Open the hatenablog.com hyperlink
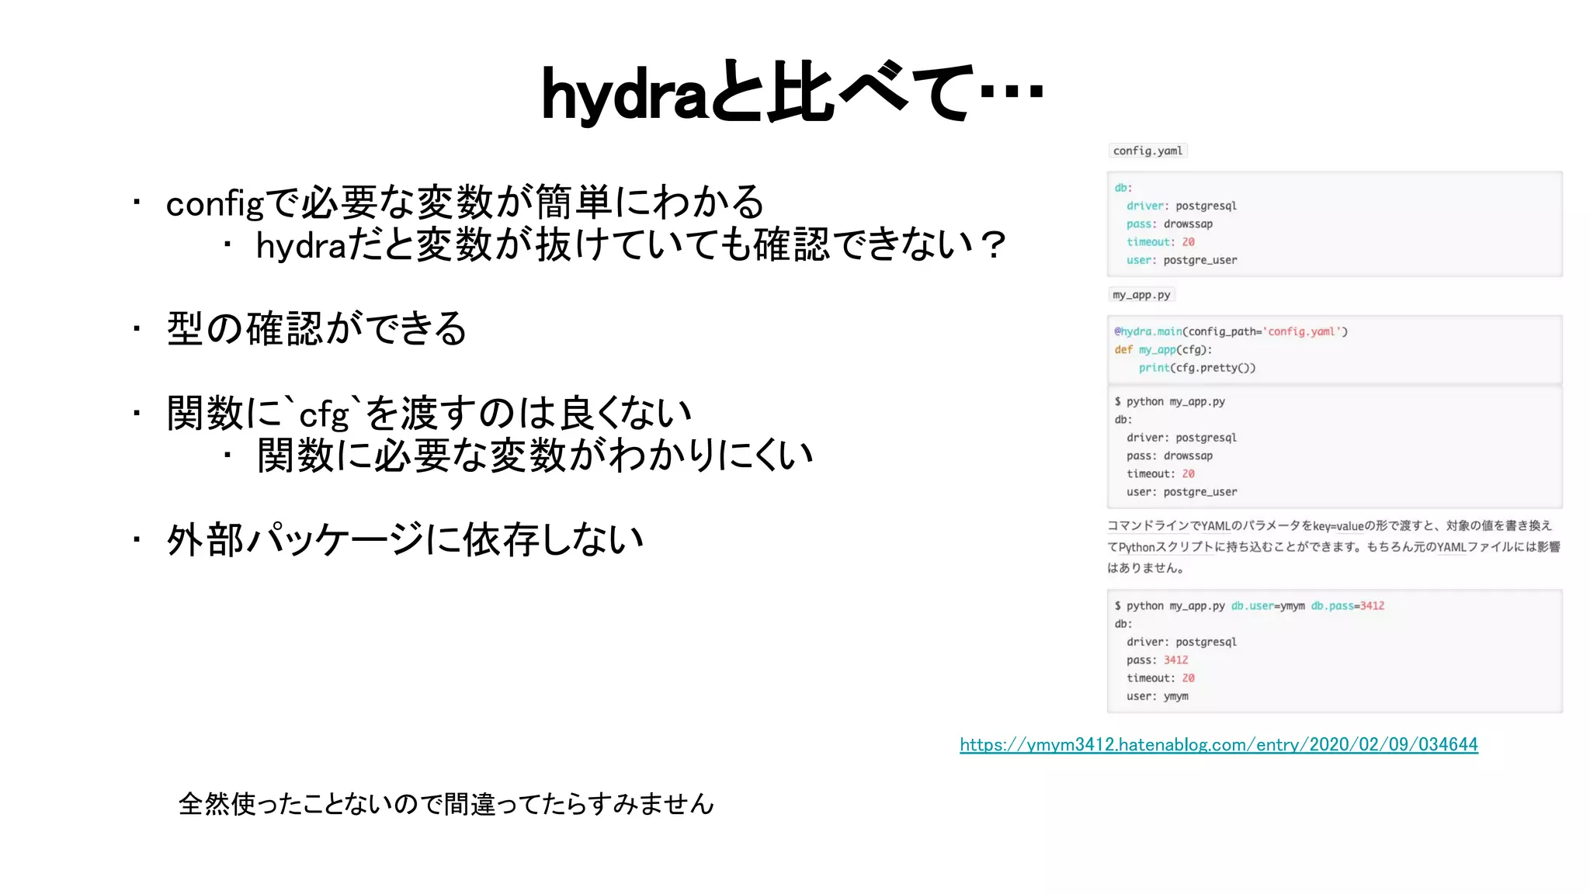pos(1218,745)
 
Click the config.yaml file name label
pos(1147,151)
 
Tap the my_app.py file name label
pos(1140,295)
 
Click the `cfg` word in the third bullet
pos(325,414)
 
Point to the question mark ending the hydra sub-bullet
pos(992,245)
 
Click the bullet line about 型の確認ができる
pos(317,329)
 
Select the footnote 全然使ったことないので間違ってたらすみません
pos(446,804)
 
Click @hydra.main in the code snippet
pos(1148,331)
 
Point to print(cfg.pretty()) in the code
pos(1196,368)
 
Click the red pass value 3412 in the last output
pos(1175,660)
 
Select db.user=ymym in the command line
pos(1267,606)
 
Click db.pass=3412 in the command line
pos(1347,606)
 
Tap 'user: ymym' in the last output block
pos(1157,696)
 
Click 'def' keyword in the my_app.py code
pos(1123,350)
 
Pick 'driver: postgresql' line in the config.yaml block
pos(1181,206)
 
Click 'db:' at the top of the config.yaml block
pos(1123,188)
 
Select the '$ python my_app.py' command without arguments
pos(1169,402)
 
